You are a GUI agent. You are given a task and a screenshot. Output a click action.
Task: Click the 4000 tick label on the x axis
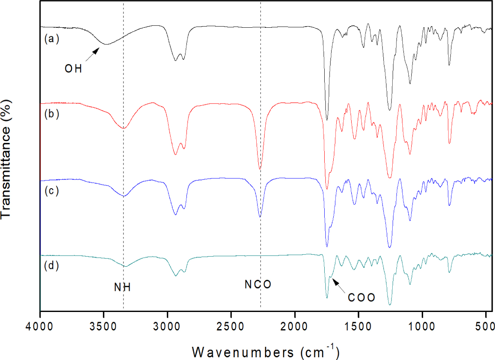40,325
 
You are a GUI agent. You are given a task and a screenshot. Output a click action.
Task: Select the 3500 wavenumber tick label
104,325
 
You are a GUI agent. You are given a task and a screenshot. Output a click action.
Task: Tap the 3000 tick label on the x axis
167,325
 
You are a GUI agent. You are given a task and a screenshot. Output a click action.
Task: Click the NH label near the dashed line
122,288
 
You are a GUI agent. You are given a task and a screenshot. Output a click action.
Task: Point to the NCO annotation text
258,285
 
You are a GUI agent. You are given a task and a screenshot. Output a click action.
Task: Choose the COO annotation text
361,298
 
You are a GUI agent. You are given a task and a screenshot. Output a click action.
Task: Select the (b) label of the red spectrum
51,115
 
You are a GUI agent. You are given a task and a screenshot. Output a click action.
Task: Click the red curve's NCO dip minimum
260,169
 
